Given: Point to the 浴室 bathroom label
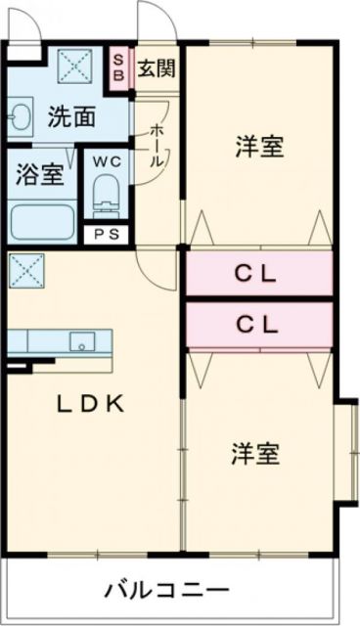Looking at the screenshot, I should [40, 175].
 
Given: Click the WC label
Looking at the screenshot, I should [106, 161].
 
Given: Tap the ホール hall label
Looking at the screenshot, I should [157, 147].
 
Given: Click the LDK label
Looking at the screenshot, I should [89, 403].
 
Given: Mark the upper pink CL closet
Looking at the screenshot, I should [258, 274].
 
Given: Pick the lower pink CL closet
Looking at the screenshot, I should [258, 323].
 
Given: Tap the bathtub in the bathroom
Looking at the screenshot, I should [43, 221].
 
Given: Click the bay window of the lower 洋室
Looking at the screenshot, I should [346, 450].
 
